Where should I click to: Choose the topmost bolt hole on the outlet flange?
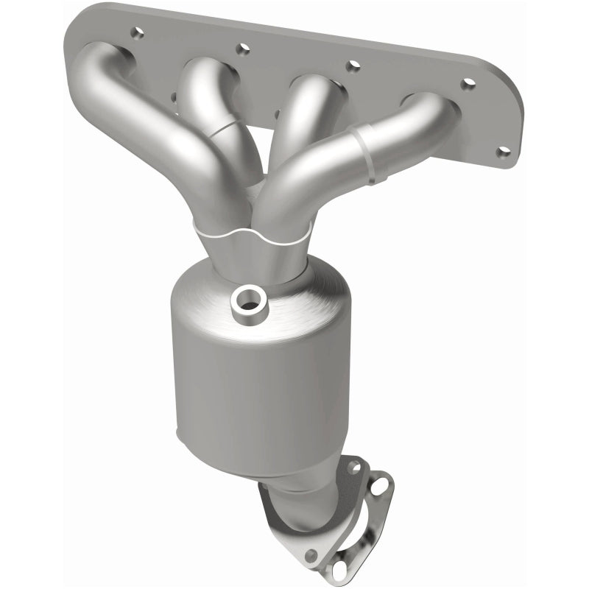(x=353, y=466)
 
